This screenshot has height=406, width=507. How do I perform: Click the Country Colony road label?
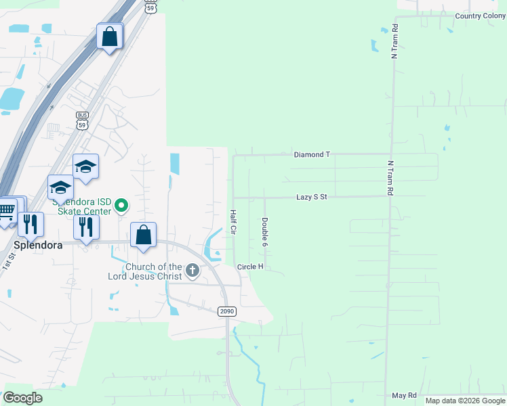(481, 16)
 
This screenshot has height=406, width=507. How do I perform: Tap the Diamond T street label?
(312, 155)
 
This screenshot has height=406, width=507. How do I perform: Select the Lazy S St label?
(312, 197)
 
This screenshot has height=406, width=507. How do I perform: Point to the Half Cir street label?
(232, 222)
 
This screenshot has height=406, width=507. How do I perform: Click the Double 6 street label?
(264, 231)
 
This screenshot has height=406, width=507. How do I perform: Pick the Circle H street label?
(250, 267)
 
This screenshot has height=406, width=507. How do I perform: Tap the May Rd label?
(404, 395)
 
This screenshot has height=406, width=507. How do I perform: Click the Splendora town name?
(38, 246)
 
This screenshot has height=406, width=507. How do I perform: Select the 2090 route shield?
(226, 311)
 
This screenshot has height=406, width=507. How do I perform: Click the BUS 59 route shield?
(83, 120)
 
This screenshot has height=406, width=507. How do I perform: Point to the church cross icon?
(192, 271)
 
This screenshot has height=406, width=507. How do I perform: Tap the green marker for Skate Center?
(121, 204)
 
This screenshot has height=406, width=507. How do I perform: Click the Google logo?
(22, 397)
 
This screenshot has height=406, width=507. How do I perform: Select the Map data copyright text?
(465, 401)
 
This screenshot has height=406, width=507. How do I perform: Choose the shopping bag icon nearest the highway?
(110, 37)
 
